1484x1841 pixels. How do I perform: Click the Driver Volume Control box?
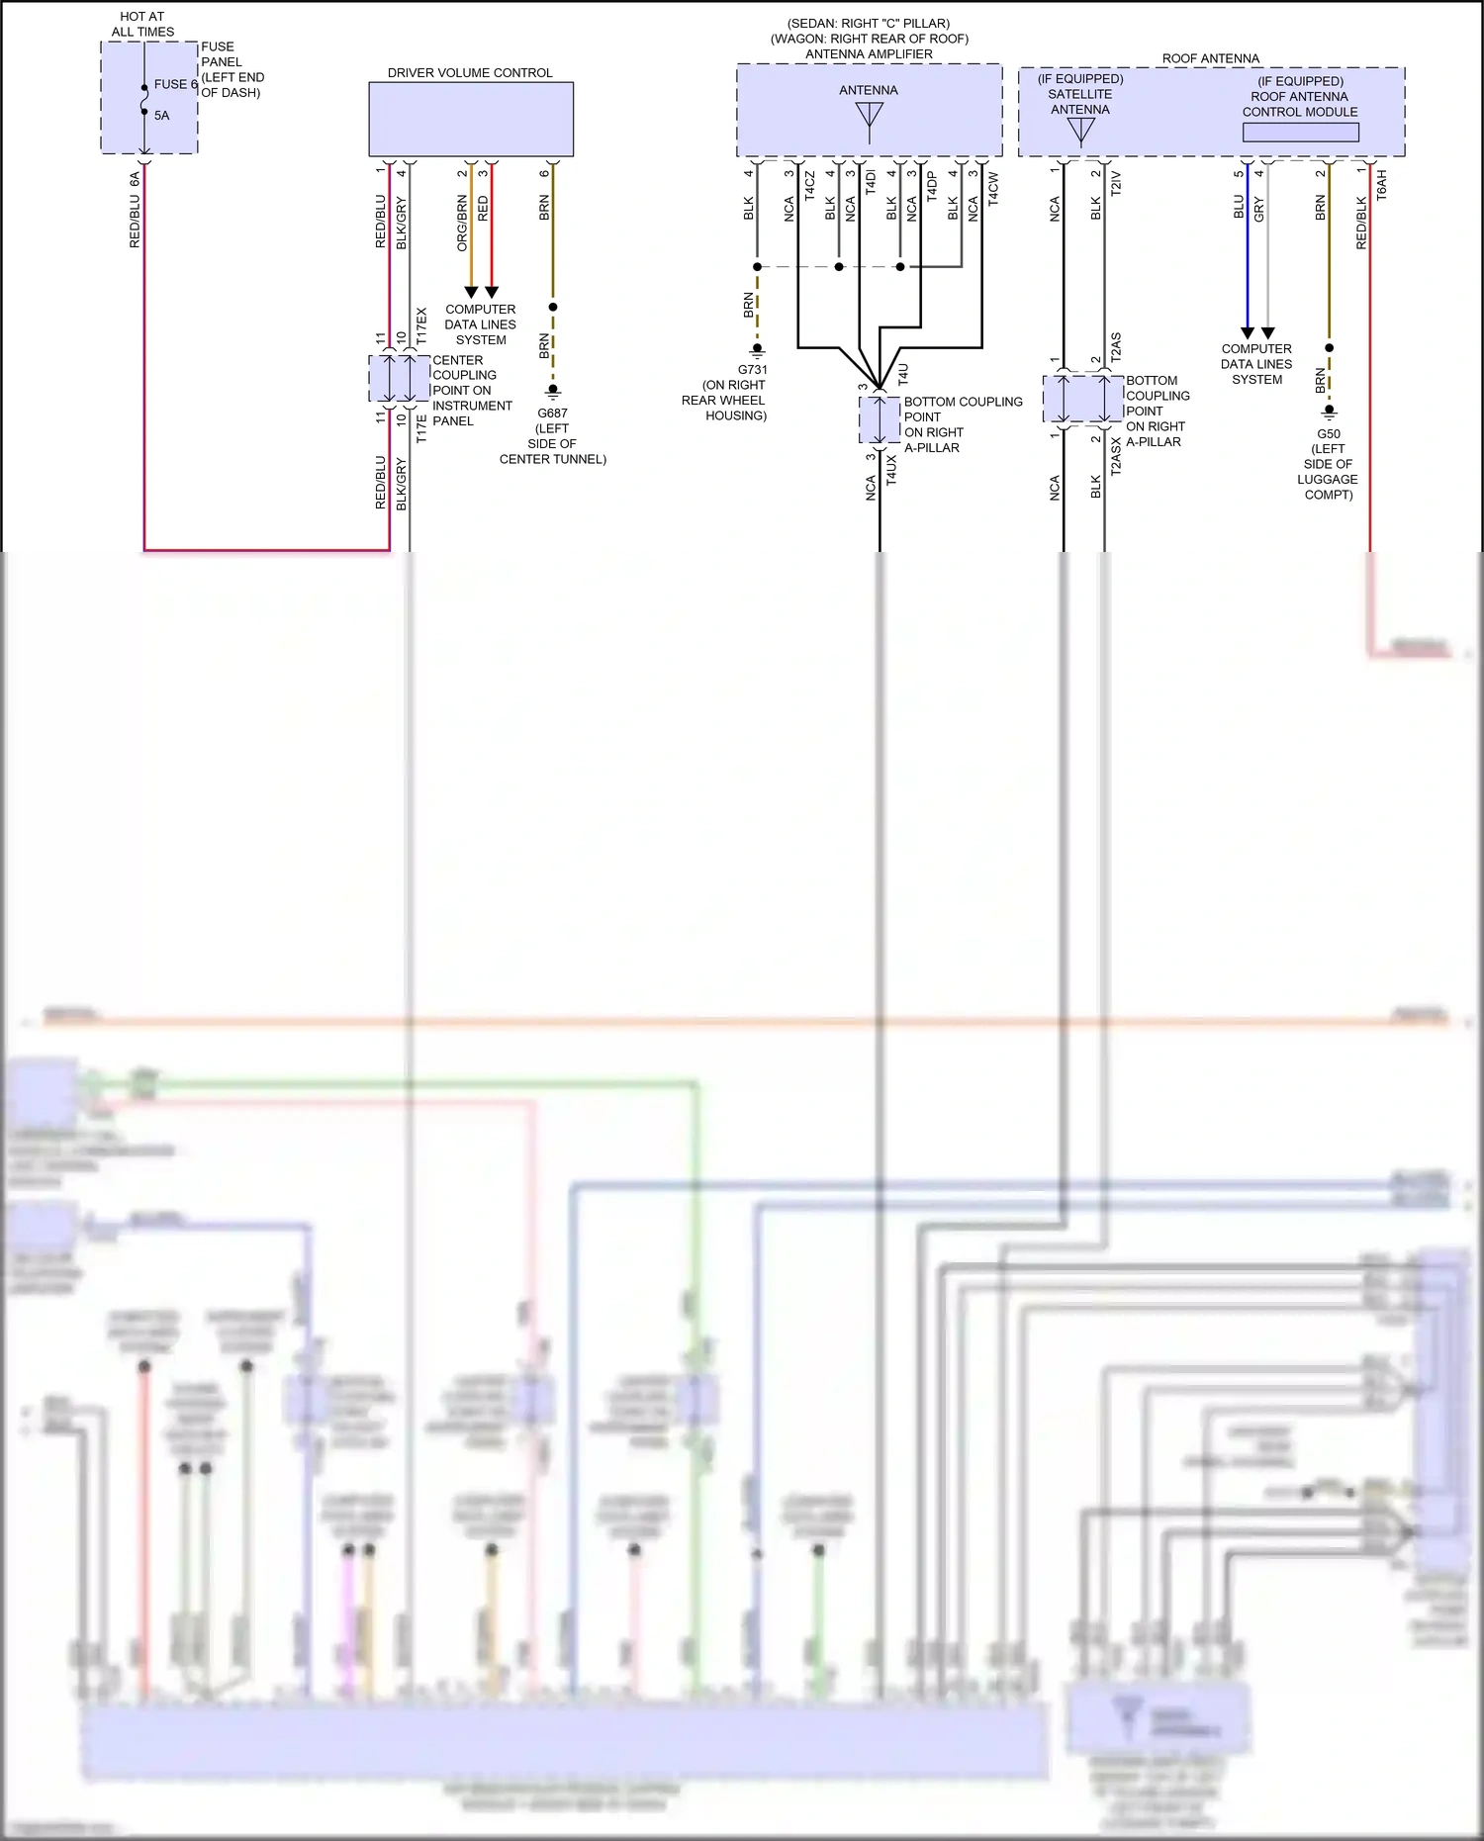[x=471, y=119]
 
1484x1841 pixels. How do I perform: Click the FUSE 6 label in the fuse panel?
[x=175, y=85]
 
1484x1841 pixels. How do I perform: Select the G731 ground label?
[x=752, y=370]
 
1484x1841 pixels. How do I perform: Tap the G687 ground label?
[x=552, y=414]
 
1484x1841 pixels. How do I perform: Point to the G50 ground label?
[x=1328, y=434]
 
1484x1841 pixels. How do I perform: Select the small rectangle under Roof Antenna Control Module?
[x=1300, y=132]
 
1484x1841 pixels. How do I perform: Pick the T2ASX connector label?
[x=1116, y=457]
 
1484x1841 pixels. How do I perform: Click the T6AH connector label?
[x=1382, y=186]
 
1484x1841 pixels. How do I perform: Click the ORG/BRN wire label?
[x=462, y=223]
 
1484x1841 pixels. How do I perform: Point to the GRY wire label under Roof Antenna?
[x=1258, y=209]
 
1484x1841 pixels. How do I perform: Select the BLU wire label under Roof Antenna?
[x=1238, y=207]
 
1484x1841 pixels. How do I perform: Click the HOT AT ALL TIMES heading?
[x=142, y=25]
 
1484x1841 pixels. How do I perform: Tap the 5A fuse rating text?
[x=161, y=116]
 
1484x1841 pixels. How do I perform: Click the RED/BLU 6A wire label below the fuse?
[x=135, y=210]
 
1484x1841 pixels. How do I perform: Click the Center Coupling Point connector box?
[x=399, y=378]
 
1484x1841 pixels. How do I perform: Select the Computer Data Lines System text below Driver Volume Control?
[x=480, y=324]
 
